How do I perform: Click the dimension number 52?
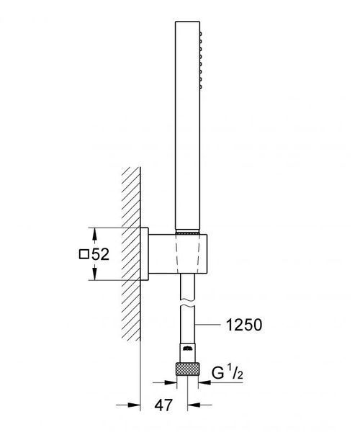100,254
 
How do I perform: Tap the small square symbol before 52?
84,254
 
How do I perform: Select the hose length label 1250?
244,325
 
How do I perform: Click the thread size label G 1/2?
228,373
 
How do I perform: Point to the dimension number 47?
163,405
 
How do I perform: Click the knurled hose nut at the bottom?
187,369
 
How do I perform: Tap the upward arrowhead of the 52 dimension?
94,235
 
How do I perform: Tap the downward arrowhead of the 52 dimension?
94,273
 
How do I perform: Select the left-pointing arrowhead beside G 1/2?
204,382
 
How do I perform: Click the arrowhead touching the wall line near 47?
134,405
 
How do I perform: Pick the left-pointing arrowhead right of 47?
194,405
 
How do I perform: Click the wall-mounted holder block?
178,254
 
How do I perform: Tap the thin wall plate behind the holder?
144,254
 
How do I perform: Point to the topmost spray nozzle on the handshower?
201,34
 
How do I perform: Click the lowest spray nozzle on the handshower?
201,87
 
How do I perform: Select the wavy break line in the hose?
187,302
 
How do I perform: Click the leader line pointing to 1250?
207,325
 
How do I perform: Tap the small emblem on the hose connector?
187,348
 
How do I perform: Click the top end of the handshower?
187,22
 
